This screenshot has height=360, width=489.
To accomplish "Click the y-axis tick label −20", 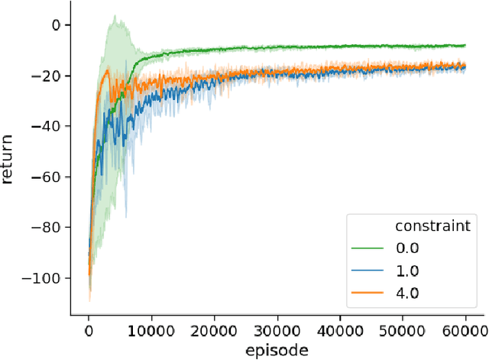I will (48, 75).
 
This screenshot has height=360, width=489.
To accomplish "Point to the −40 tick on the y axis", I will (48, 125).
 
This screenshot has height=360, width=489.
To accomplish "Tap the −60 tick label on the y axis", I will (48, 176).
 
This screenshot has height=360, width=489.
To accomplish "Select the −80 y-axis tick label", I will (48, 226).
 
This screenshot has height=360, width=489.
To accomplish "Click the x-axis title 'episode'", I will (276, 350).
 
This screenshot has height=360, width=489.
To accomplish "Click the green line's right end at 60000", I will (465, 45).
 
